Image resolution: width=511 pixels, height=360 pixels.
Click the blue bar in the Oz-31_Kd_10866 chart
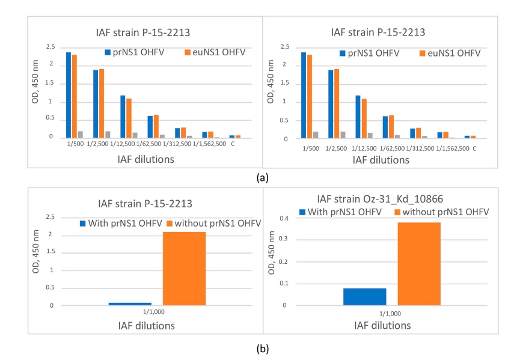(364, 297)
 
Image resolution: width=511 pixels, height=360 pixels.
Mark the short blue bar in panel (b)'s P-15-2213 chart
(130, 304)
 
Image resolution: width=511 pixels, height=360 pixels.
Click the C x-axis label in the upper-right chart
(474, 148)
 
